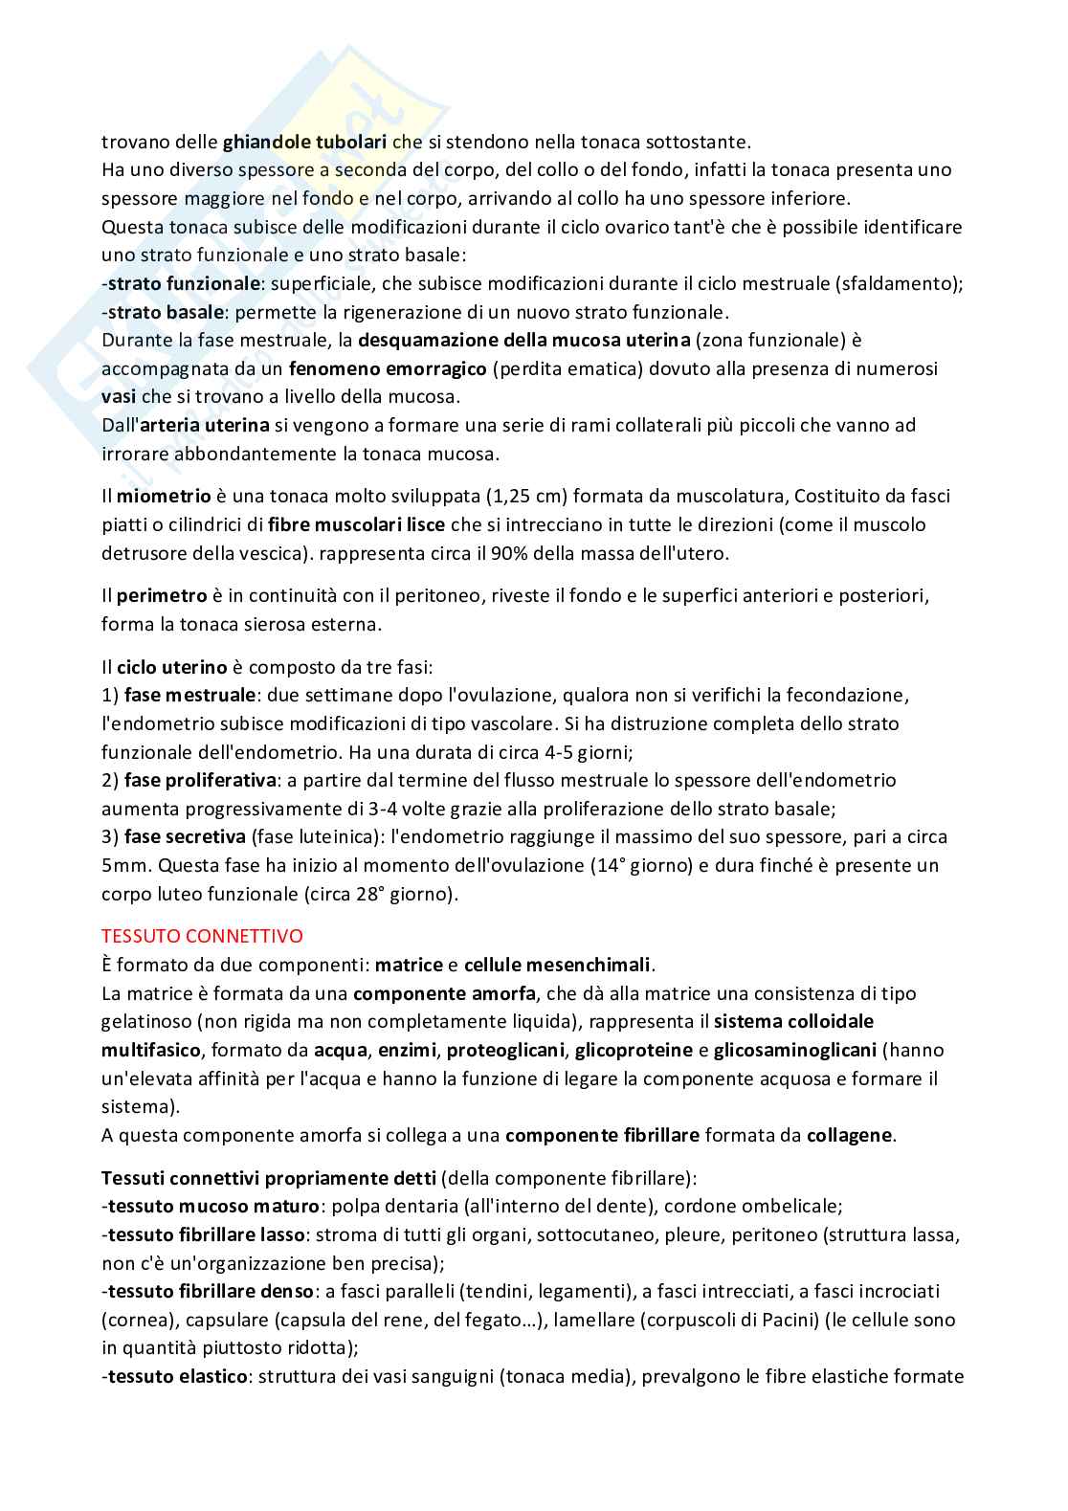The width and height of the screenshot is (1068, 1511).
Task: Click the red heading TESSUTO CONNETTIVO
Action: point(201,935)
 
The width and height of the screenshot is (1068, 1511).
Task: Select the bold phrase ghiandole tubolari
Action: point(304,142)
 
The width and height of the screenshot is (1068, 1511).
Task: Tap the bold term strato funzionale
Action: point(184,283)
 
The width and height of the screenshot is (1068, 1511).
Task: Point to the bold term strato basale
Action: point(167,312)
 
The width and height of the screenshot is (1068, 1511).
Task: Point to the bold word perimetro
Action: point(162,595)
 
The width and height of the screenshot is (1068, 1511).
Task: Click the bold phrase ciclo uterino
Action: point(172,666)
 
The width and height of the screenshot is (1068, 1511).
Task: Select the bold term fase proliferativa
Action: point(201,780)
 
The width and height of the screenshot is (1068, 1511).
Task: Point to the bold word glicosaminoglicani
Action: point(795,1050)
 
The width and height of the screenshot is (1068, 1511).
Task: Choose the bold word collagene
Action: point(850,1135)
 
